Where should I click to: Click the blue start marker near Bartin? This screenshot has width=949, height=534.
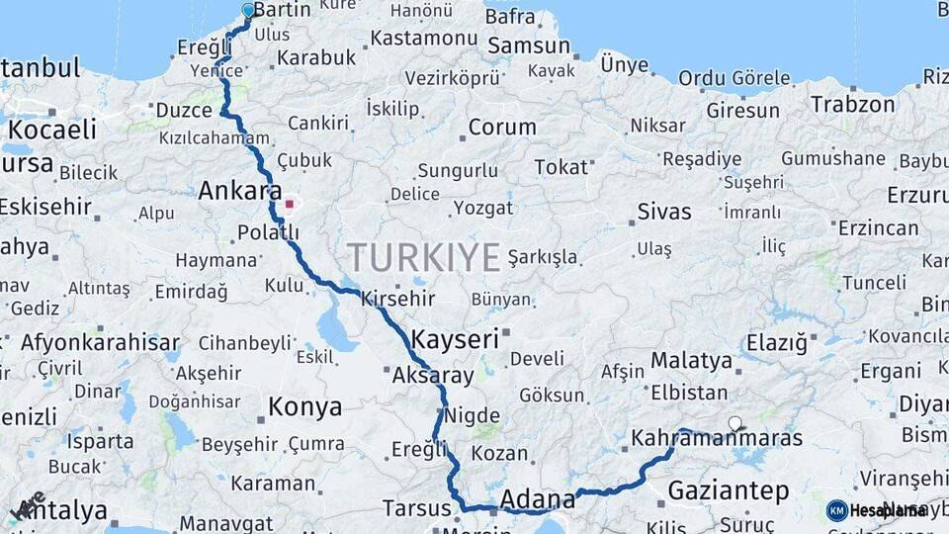pyautogui.click(x=248, y=11)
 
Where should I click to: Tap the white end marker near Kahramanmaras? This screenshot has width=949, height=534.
pyautogui.click(x=734, y=424)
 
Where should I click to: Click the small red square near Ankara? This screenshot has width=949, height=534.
pyautogui.click(x=290, y=205)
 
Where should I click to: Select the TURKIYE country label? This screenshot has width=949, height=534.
pyautogui.click(x=423, y=258)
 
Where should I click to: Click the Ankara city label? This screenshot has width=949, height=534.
pyautogui.click(x=240, y=191)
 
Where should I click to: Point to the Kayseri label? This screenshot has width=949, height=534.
pyautogui.click(x=455, y=339)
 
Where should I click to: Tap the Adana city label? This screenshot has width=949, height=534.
pyautogui.click(x=538, y=498)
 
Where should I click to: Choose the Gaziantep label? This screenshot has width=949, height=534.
pyautogui.click(x=729, y=490)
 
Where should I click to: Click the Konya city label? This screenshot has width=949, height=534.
pyautogui.click(x=305, y=406)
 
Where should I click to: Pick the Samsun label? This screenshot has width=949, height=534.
pyautogui.click(x=530, y=45)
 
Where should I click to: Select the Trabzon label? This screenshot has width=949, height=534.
pyautogui.click(x=852, y=103)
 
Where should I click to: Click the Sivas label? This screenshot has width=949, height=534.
pyautogui.click(x=664, y=211)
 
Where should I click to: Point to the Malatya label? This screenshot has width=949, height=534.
pyautogui.click(x=691, y=361)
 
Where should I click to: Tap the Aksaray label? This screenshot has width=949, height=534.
pyautogui.click(x=433, y=376)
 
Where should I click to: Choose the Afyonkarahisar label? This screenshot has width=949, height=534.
pyautogui.click(x=100, y=343)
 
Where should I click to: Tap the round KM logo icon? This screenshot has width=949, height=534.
pyautogui.click(x=837, y=510)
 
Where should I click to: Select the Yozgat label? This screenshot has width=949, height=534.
pyautogui.click(x=483, y=208)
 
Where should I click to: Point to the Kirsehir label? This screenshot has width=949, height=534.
pyautogui.click(x=398, y=298)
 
